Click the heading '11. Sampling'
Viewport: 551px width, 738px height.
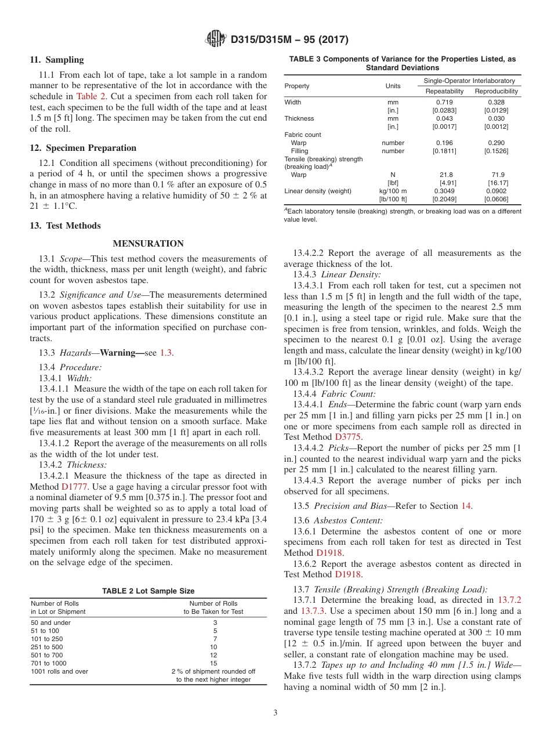57,60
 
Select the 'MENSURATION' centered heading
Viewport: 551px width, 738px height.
148,244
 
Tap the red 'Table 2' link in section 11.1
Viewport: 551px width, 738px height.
92,97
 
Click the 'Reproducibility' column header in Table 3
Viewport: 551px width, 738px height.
496,92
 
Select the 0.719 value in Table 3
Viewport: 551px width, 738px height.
444,102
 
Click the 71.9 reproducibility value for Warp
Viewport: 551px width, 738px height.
496,175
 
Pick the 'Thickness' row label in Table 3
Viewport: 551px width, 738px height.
299,118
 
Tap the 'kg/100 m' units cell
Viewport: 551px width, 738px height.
393,191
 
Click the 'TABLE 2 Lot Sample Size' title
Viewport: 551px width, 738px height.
148,591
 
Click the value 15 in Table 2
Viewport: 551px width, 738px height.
213,663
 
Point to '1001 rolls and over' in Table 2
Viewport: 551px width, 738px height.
59,671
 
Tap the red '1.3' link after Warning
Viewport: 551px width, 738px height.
166,353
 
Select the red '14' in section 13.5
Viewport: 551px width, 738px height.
466,506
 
